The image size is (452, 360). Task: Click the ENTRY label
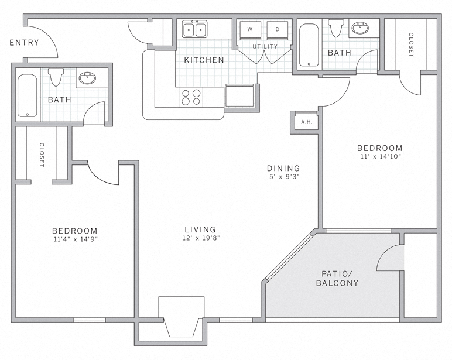coord(24,43)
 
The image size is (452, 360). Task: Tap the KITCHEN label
coord(204,60)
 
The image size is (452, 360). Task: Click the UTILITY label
coord(265,46)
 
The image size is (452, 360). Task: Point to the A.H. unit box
coord(305,122)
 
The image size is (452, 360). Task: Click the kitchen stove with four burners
coord(191,97)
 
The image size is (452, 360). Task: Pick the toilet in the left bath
coord(56,77)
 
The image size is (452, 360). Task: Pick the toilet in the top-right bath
coord(336,28)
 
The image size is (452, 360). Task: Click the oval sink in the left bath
coord(88,78)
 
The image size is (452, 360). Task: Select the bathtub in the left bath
coord(27,95)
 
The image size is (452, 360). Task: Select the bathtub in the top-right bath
coord(308,45)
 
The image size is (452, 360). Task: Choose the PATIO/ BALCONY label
coord(337,278)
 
